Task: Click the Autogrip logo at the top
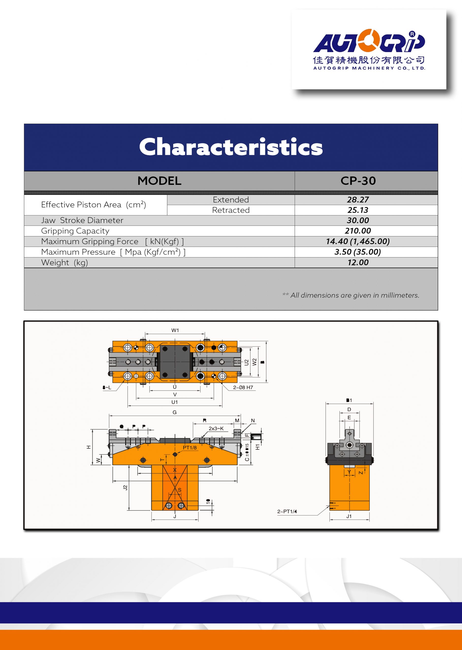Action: pyautogui.click(x=369, y=50)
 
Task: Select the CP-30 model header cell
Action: pyautogui.click(x=358, y=181)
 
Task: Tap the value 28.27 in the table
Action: pyautogui.click(x=358, y=200)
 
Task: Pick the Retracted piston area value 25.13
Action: pyautogui.click(x=358, y=210)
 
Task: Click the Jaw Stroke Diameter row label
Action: pyautogui.click(x=82, y=220)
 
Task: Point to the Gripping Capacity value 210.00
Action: pyautogui.click(x=358, y=231)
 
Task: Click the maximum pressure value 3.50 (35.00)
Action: pyautogui.click(x=358, y=252)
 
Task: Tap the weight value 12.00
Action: pyautogui.click(x=358, y=263)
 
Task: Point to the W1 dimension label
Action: pyautogui.click(x=175, y=330)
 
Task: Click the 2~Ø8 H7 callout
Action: pyautogui.click(x=243, y=387)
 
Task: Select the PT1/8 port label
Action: pyautogui.click(x=190, y=448)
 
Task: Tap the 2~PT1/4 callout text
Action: pyautogui.click(x=287, y=512)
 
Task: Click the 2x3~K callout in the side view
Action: pyautogui.click(x=216, y=429)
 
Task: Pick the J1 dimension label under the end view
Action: pyautogui.click(x=349, y=516)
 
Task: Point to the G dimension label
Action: pyautogui.click(x=175, y=412)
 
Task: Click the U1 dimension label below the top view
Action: pyautogui.click(x=174, y=402)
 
